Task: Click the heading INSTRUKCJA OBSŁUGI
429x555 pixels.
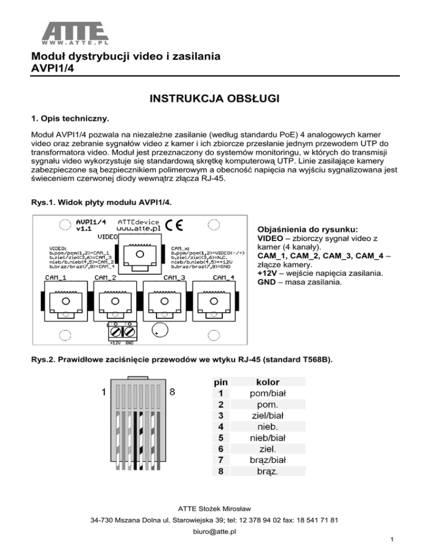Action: click(214, 100)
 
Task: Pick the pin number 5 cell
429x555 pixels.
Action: click(221, 438)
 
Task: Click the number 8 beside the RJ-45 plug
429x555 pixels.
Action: click(172, 392)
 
